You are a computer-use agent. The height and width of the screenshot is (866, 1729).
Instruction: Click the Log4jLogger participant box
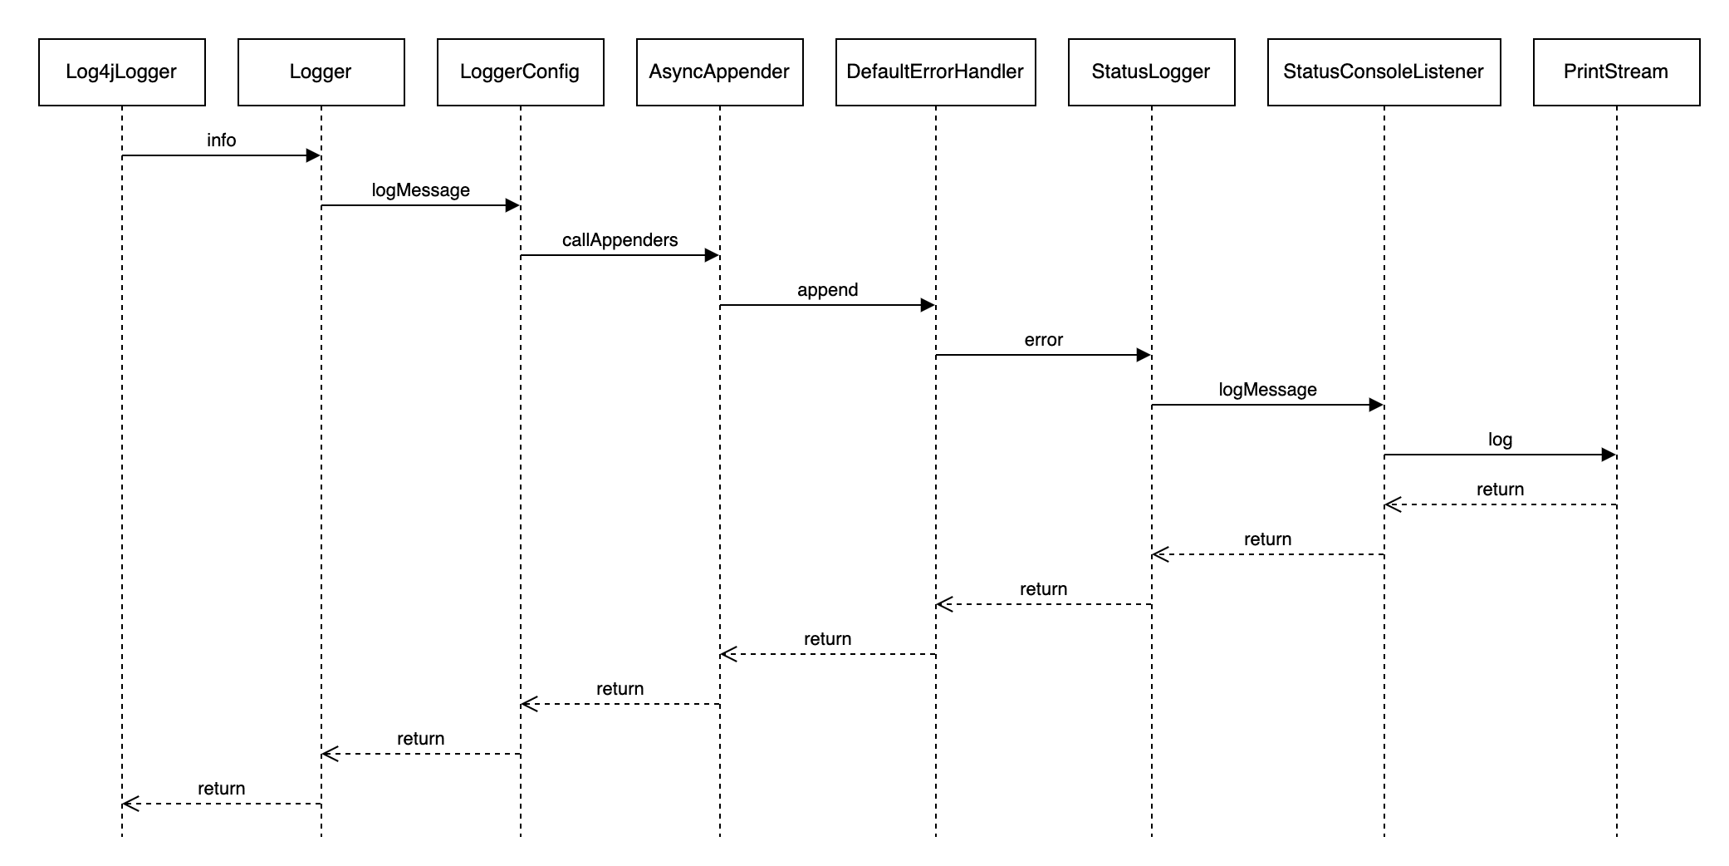(121, 72)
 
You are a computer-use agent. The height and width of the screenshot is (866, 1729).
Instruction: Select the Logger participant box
(321, 72)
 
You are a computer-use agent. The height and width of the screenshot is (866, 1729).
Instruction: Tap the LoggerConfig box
(520, 72)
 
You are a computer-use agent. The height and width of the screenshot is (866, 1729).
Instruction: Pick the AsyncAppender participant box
(719, 72)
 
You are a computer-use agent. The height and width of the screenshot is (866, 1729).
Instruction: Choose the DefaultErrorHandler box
(935, 72)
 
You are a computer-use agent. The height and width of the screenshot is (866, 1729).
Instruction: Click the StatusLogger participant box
(1151, 72)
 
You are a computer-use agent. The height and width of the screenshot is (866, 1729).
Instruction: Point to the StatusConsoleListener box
(1384, 72)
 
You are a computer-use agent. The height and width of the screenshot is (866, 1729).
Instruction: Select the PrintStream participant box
(1616, 72)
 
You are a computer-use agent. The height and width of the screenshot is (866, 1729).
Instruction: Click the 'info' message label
(222, 140)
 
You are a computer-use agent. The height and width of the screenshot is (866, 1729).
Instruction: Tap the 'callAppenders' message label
(620, 240)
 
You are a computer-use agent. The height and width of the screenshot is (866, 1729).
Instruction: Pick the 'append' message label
(828, 290)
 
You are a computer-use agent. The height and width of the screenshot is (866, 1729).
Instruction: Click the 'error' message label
(1044, 340)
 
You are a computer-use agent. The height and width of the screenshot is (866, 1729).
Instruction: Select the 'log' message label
(1501, 440)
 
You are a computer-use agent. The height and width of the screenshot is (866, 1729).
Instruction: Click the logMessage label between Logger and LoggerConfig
(421, 190)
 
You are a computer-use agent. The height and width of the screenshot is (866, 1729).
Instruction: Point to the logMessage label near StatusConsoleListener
(1268, 390)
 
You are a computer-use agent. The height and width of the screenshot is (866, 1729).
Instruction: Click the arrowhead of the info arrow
(314, 155)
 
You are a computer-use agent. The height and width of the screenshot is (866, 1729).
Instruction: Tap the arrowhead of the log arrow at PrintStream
(1609, 455)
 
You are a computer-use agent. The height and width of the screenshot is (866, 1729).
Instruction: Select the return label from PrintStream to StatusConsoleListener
(1501, 490)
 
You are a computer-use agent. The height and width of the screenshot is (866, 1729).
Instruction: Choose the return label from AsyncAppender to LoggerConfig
(620, 689)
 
